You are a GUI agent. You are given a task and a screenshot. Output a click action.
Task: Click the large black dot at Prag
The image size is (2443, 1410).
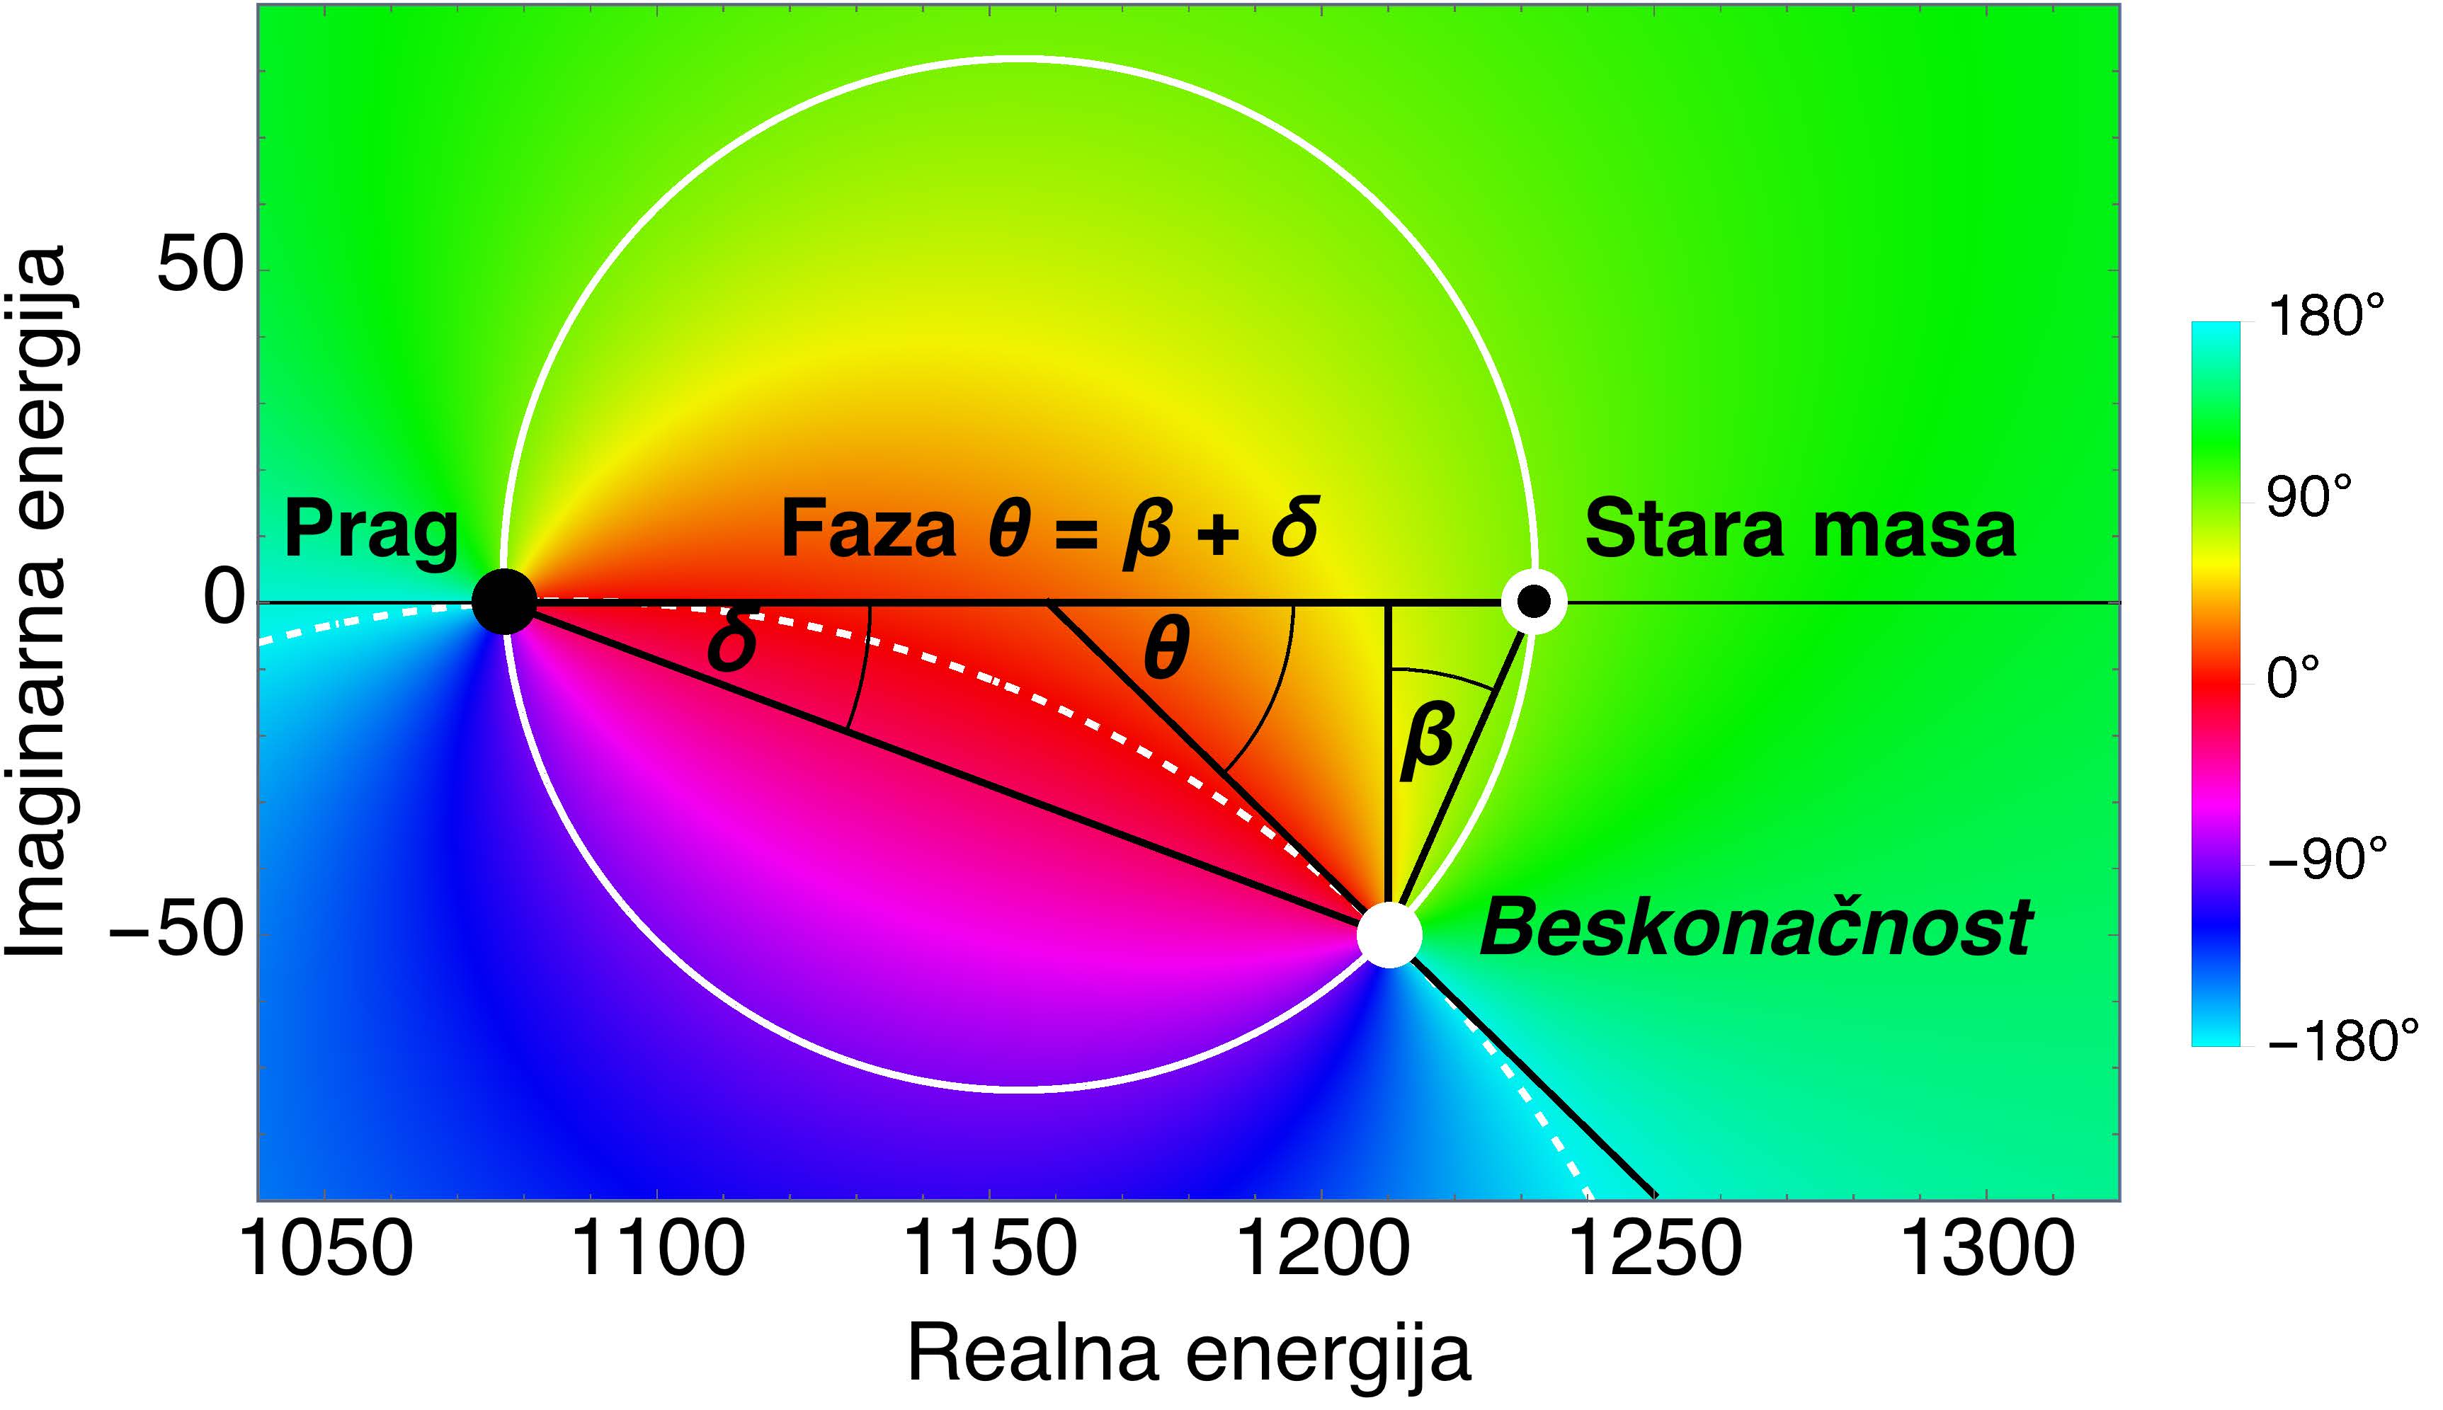click(x=503, y=602)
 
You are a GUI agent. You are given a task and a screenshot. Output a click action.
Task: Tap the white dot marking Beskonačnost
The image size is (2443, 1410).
click(x=1389, y=934)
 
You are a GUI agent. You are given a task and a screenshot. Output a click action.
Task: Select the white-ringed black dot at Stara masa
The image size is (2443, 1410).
click(x=1533, y=602)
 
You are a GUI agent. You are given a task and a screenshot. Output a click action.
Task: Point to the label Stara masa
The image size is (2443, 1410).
click(x=1800, y=529)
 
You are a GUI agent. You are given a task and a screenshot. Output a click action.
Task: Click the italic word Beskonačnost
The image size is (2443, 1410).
click(x=1755, y=928)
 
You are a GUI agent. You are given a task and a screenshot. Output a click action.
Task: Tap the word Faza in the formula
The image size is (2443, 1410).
click(x=869, y=529)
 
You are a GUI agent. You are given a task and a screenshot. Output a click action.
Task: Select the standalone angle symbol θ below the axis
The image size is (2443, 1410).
click(x=1166, y=650)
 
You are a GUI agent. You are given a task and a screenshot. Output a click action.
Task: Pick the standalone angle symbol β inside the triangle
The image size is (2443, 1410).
click(x=1428, y=741)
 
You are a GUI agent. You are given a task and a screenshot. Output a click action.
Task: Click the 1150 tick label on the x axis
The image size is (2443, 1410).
click(x=990, y=1249)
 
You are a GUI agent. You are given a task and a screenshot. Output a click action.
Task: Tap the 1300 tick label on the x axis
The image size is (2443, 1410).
click(x=1988, y=1249)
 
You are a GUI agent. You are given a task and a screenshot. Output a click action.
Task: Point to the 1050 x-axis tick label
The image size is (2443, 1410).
click(x=326, y=1249)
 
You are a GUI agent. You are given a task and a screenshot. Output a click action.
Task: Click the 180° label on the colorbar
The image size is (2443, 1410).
click(x=2325, y=316)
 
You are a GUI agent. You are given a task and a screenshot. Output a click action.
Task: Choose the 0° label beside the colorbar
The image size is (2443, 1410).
click(x=2294, y=678)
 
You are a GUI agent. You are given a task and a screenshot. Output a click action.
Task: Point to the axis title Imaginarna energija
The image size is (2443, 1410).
click(x=37, y=602)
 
